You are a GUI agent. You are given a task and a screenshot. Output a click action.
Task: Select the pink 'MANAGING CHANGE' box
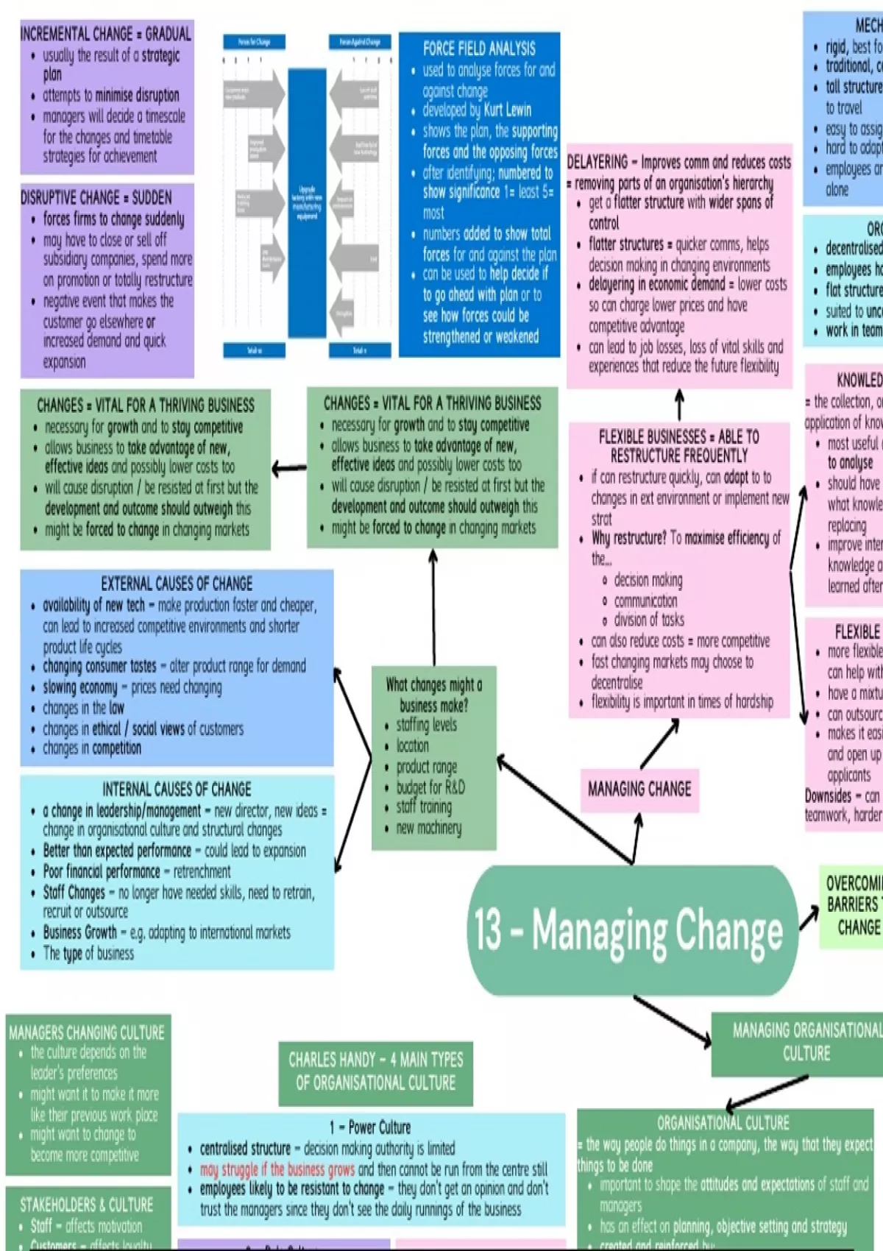[639, 790]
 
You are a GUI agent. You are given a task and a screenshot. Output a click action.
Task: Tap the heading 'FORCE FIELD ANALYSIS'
[479, 49]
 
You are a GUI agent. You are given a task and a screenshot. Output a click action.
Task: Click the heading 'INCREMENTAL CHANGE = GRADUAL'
[106, 34]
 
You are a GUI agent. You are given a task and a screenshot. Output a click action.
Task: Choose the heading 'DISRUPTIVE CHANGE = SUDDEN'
[96, 198]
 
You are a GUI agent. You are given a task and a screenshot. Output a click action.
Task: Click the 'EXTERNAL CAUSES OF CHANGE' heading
[177, 584]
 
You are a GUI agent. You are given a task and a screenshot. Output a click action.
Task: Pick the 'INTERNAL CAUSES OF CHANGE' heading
[177, 790]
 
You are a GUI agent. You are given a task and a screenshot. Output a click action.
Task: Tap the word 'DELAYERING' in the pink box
[597, 162]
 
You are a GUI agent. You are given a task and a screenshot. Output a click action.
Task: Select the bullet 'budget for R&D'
[430, 787]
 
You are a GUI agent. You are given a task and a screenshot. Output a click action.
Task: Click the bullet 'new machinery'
[429, 828]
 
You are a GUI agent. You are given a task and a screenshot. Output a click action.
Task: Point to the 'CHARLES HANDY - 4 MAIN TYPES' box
[375, 1071]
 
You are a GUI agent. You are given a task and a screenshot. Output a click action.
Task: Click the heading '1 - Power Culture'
[370, 1127]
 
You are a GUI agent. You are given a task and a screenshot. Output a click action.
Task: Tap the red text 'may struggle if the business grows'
[277, 1169]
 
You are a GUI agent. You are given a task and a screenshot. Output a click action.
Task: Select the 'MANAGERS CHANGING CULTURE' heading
[87, 1032]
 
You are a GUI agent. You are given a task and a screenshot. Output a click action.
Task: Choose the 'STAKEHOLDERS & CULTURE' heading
[87, 1205]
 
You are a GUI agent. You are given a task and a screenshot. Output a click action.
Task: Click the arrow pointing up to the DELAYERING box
[679, 405]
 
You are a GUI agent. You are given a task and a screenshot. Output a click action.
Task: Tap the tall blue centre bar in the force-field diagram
[307, 202]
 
